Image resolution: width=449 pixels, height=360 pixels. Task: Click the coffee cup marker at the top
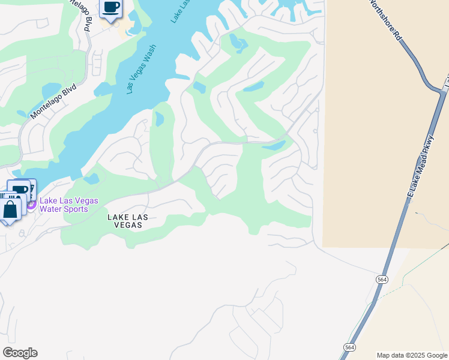pyautogui.click(x=110, y=8)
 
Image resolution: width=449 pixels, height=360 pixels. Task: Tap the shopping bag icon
pyautogui.click(x=10, y=211)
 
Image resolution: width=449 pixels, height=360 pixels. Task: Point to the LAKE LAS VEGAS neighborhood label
pyautogui.click(x=125, y=221)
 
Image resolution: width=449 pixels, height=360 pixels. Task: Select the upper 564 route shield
pyautogui.click(x=382, y=280)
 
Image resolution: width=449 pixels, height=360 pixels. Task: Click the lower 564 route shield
pyautogui.click(x=349, y=347)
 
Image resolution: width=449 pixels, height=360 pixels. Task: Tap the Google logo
pyautogui.click(x=20, y=353)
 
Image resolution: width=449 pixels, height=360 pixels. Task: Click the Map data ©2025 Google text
pyautogui.click(x=411, y=355)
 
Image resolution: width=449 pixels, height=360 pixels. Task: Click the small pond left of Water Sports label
pyautogui.click(x=91, y=179)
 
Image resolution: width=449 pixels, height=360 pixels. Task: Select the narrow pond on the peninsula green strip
pyautogui.click(x=159, y=119)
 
